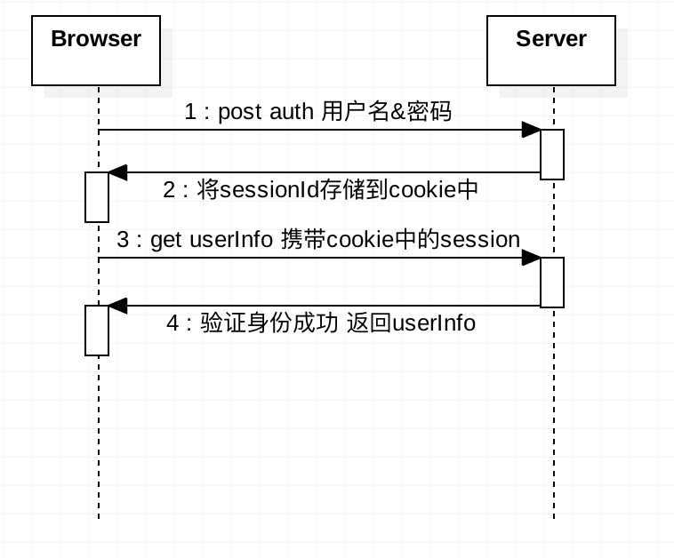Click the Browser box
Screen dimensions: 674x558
[96, 51]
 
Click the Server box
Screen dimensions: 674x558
[551, 51]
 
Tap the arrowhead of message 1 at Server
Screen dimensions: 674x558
[532, 130]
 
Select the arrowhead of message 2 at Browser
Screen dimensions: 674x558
[117, 172]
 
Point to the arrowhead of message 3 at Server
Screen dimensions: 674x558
[532, 258]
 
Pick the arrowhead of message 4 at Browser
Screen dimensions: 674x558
[117, 306]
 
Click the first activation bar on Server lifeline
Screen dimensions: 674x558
[552, 155]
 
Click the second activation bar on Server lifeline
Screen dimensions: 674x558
[552, 283]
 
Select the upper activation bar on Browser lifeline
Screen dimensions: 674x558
[97, 197]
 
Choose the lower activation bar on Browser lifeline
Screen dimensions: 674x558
[97, 331]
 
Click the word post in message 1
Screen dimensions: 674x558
[240, 113]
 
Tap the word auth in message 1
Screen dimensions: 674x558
[292, 111]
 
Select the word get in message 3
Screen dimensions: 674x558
[165, 240]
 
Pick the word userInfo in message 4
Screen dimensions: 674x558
[434, 323]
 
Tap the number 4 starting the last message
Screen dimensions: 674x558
[173, 323]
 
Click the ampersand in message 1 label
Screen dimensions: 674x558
[397, 112]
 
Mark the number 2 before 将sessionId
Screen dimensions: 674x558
[169, 189]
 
